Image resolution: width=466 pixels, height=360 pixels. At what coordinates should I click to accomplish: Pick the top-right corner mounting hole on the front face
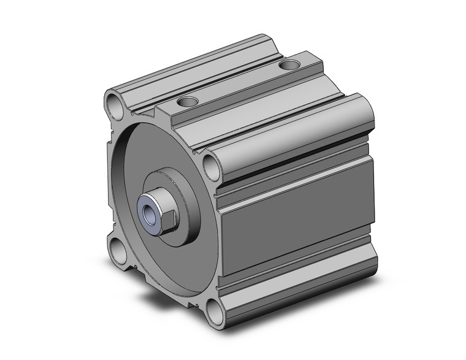(x=211, y=166)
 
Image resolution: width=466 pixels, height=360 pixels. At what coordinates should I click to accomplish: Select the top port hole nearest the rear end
(x=288, y=63)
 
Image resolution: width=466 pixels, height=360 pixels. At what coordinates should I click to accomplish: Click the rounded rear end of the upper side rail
(x=365, y=111)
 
